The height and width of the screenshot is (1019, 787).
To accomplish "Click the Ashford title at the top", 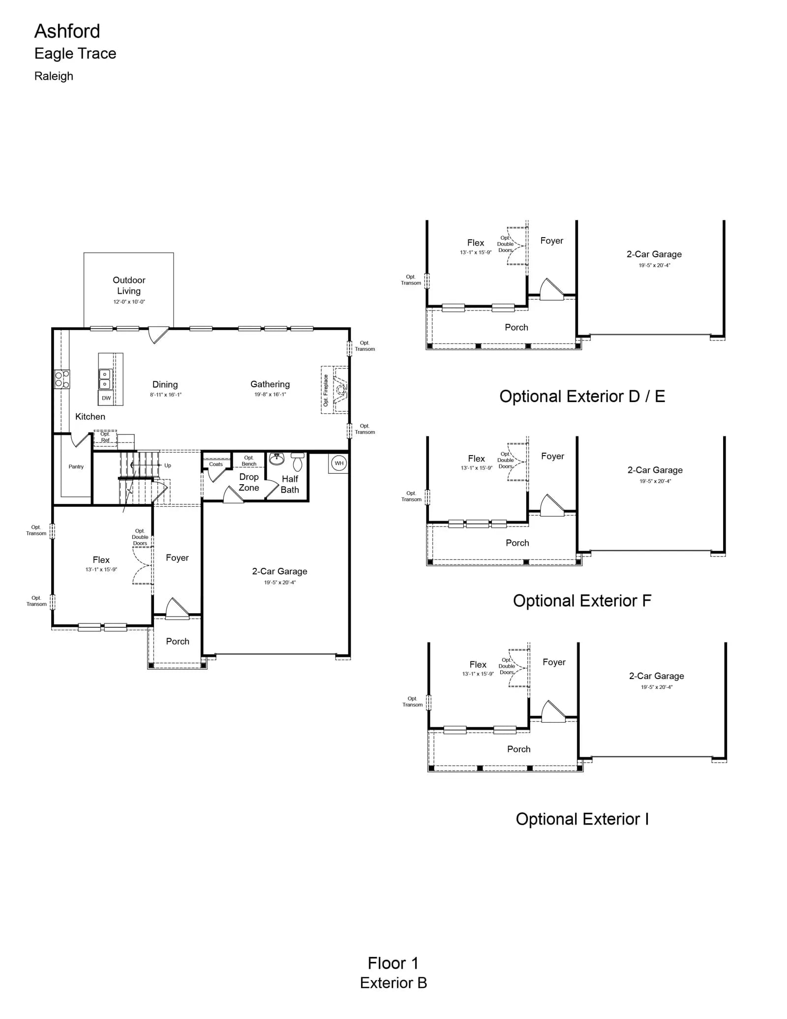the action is [x=67, y=31].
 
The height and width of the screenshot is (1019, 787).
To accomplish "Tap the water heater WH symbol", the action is [x=339, y=463].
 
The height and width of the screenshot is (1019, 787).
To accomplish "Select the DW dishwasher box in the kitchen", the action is [x=106, y=398].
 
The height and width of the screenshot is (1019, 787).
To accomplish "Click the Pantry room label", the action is [x=76, y=466].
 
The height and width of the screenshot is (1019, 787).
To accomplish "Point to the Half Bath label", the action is [x=290, y=484].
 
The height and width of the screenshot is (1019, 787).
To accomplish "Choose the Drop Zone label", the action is [x=249, y=482].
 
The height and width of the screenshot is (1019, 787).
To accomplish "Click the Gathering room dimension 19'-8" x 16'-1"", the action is [x=270, y=394].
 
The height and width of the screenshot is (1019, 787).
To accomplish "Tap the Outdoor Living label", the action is [x=129, y=285].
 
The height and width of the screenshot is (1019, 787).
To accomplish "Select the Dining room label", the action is [x=165, y=384].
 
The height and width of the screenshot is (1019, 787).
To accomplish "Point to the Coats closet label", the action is [x=216, y=464].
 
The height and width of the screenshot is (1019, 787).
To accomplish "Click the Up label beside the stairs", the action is [x=168, y=465].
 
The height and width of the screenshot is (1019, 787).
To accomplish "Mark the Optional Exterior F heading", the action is [x=582, y=601].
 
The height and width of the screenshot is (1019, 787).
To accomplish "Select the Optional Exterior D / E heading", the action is [x=582, y=396].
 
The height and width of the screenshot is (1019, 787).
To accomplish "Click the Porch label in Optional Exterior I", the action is [x=519, y=749].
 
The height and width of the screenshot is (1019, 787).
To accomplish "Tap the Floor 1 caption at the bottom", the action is [x=393, y=963].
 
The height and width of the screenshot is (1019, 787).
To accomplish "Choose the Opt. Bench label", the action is [x=249, y=461].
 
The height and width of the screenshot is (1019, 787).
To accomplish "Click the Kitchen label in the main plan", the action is [x=90, y=416].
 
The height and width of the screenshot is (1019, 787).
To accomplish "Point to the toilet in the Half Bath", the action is [x=298, y=462].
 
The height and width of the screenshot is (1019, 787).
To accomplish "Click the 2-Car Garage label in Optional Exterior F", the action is [x=655, y=470].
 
